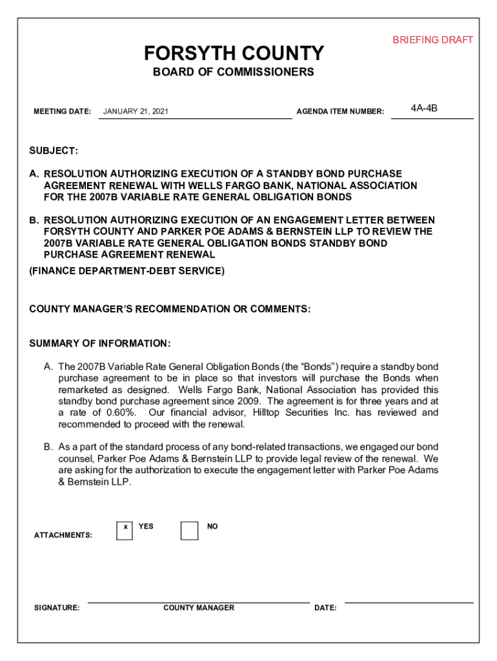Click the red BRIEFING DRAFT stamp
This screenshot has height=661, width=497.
(432, 40)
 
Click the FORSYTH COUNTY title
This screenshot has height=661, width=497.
(234, 53)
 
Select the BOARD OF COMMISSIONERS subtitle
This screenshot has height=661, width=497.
(234, 72)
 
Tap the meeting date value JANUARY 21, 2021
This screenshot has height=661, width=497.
(136, 112)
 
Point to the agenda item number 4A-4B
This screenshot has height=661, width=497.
(424, 108)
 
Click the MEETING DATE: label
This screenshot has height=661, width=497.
(62, 112)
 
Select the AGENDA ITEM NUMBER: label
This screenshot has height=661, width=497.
(340, 112)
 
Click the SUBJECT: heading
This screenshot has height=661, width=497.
(54, 150)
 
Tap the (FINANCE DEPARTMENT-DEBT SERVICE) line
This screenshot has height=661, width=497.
(127, 271)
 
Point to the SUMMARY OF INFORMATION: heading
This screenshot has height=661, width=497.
(100, 343)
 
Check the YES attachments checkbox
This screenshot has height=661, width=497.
(125, 530)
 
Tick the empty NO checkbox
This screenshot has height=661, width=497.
(189, 530)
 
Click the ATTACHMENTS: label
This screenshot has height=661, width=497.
(63, 535)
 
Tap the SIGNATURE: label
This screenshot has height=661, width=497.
(57, 608)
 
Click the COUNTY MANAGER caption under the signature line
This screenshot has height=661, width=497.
(199, 608)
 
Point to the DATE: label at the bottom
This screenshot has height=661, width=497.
(325, 608)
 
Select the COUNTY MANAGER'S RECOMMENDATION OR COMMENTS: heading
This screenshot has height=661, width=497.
(170, 309)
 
